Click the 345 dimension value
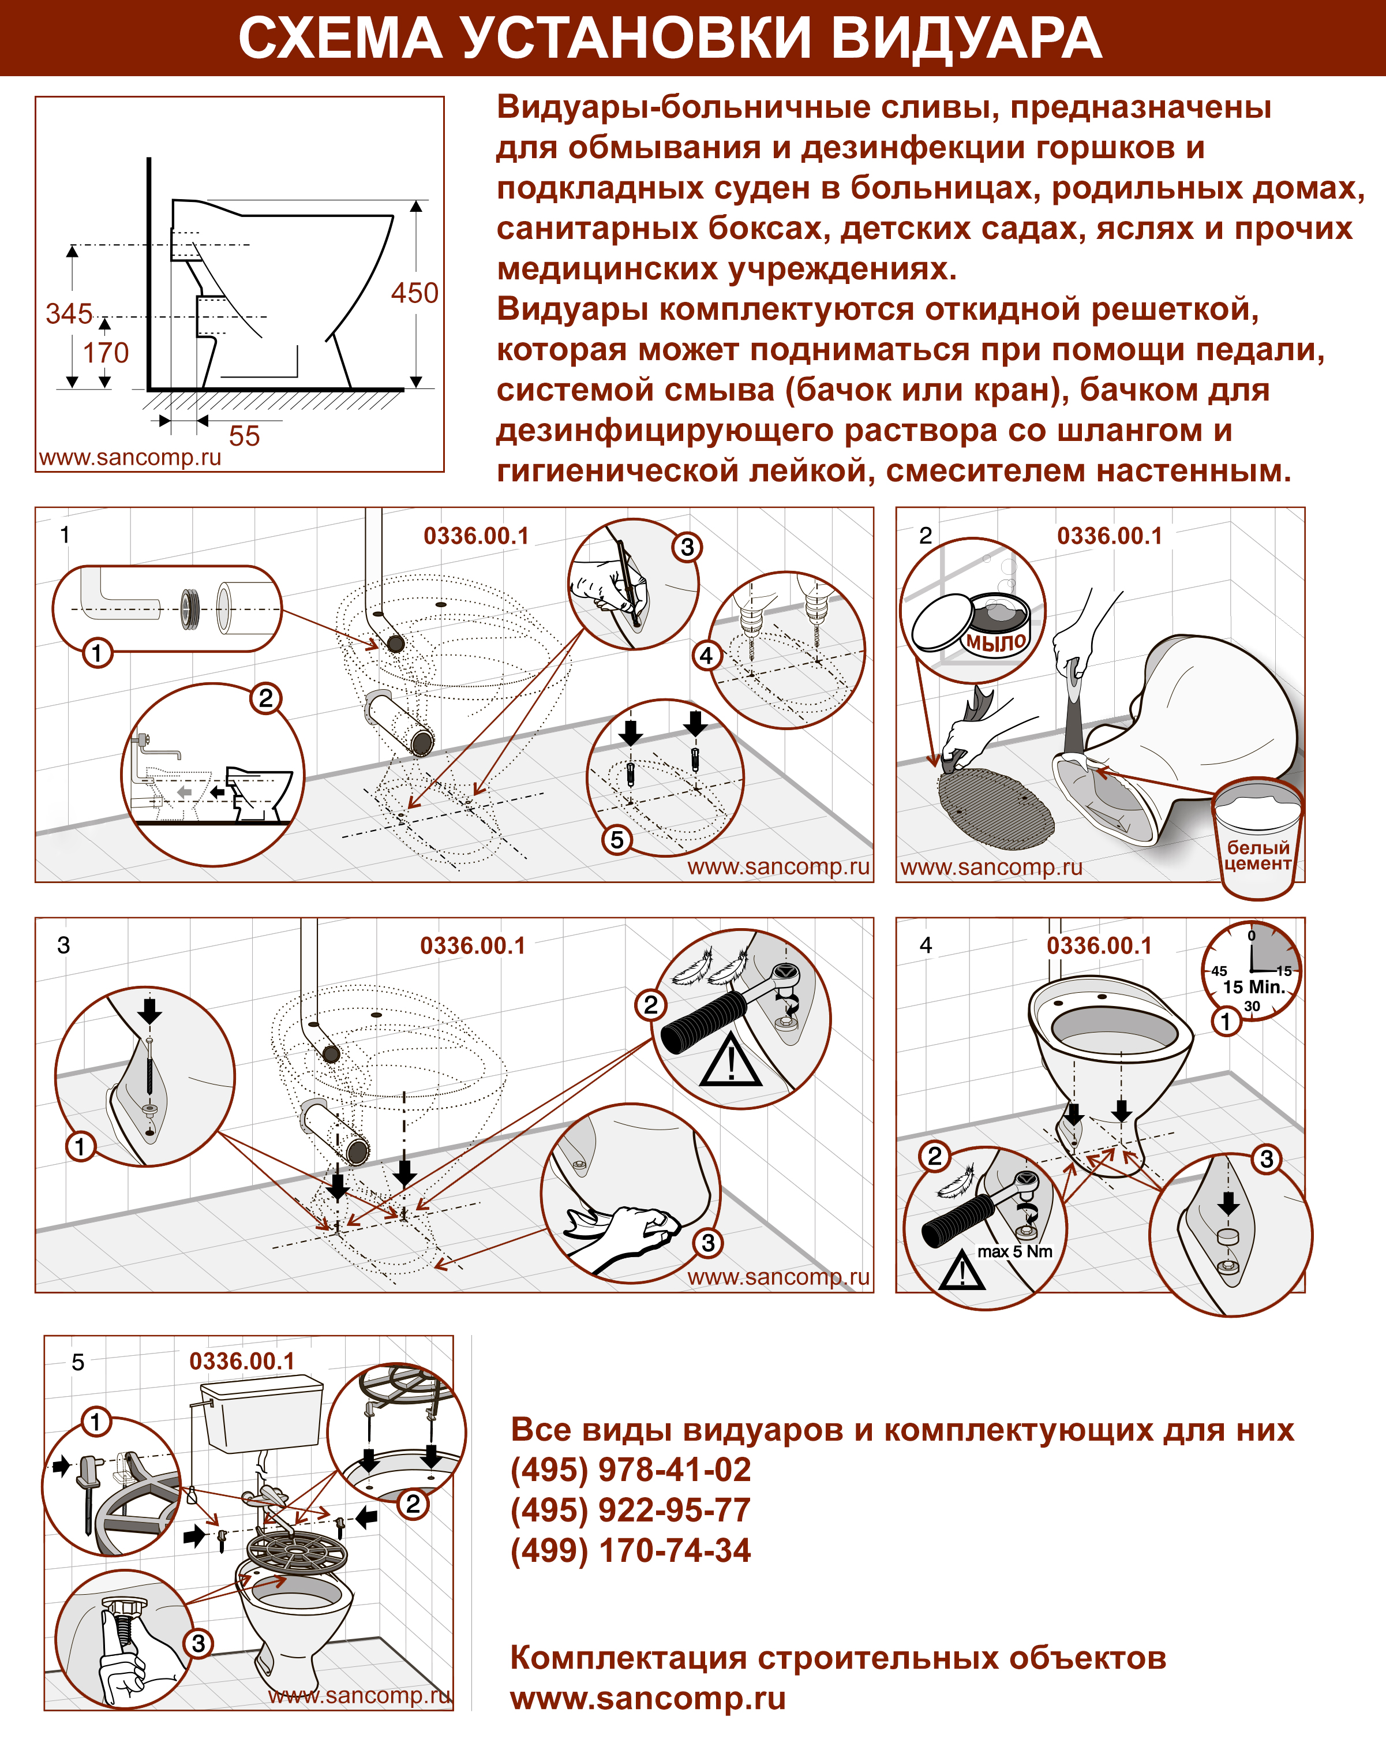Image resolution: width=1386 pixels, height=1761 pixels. [x=69, y=313]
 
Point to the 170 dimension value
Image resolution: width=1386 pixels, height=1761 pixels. [x=106, y=353]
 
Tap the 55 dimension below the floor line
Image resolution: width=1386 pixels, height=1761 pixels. [x=244, y=436]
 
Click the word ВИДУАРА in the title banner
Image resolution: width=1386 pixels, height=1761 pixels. [x=966, y=38]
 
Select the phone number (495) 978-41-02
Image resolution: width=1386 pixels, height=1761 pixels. [x=631, y=1470]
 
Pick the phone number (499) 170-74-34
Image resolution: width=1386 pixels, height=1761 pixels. [x=631, y=1550]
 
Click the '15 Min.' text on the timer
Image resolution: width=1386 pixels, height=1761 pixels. [x=1254, y=987]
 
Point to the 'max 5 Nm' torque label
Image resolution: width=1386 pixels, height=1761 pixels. [x=1014, y=1251]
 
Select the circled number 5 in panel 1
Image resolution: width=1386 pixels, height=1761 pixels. [x=617, y=839]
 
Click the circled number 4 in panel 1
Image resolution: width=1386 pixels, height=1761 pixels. [x=706, y=655]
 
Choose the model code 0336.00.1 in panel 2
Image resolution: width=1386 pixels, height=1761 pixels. [x=1109, y=536]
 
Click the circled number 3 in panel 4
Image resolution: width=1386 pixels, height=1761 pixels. [x=1266, y=1159]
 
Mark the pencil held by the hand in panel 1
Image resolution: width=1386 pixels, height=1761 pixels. [x=629, y=584]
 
